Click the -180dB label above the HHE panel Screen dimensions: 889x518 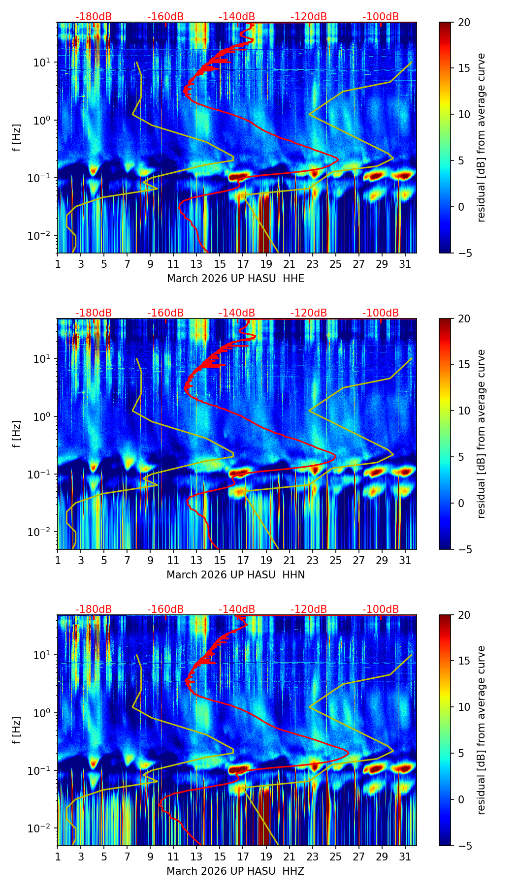(x=94, y=17)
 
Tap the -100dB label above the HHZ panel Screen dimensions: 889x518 (x=381, y=609)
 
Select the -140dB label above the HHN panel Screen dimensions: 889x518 (x=237, y=313)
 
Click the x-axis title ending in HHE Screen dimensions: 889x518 (x=235, y=279)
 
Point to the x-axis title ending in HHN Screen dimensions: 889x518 (x=235, y=575)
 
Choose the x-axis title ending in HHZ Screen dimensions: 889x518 (x=235, y=871)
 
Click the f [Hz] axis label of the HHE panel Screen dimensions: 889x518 (x=17, y=138)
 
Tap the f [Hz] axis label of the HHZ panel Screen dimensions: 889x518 (x=17, y=730)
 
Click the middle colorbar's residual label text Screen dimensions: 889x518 (x=481, y=434)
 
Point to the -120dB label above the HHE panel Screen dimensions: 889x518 (x=309, y=17)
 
